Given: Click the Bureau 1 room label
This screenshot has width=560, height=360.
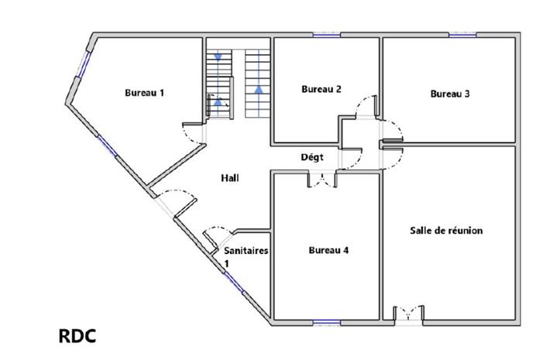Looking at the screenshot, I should pos(145,93).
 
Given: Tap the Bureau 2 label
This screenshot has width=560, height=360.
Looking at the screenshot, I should pos(321,89).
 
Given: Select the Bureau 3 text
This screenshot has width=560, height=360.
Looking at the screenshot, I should pos(451,94).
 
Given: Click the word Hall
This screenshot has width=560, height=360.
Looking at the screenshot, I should pos(230,178).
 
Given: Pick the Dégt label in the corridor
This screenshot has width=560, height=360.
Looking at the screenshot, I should pos(311,157).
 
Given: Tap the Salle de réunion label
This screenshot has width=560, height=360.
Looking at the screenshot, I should pos(446,231).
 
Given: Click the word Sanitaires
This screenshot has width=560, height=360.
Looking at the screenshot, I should pos(246,252).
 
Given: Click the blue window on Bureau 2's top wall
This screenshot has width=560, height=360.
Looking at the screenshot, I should pos(326,35).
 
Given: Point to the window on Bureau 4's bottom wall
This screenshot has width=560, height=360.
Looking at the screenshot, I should pos(326,321).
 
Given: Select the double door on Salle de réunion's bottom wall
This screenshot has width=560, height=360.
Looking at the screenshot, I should pos(408,314).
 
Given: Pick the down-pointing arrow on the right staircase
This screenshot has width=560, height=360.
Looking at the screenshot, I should pos(258,57).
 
